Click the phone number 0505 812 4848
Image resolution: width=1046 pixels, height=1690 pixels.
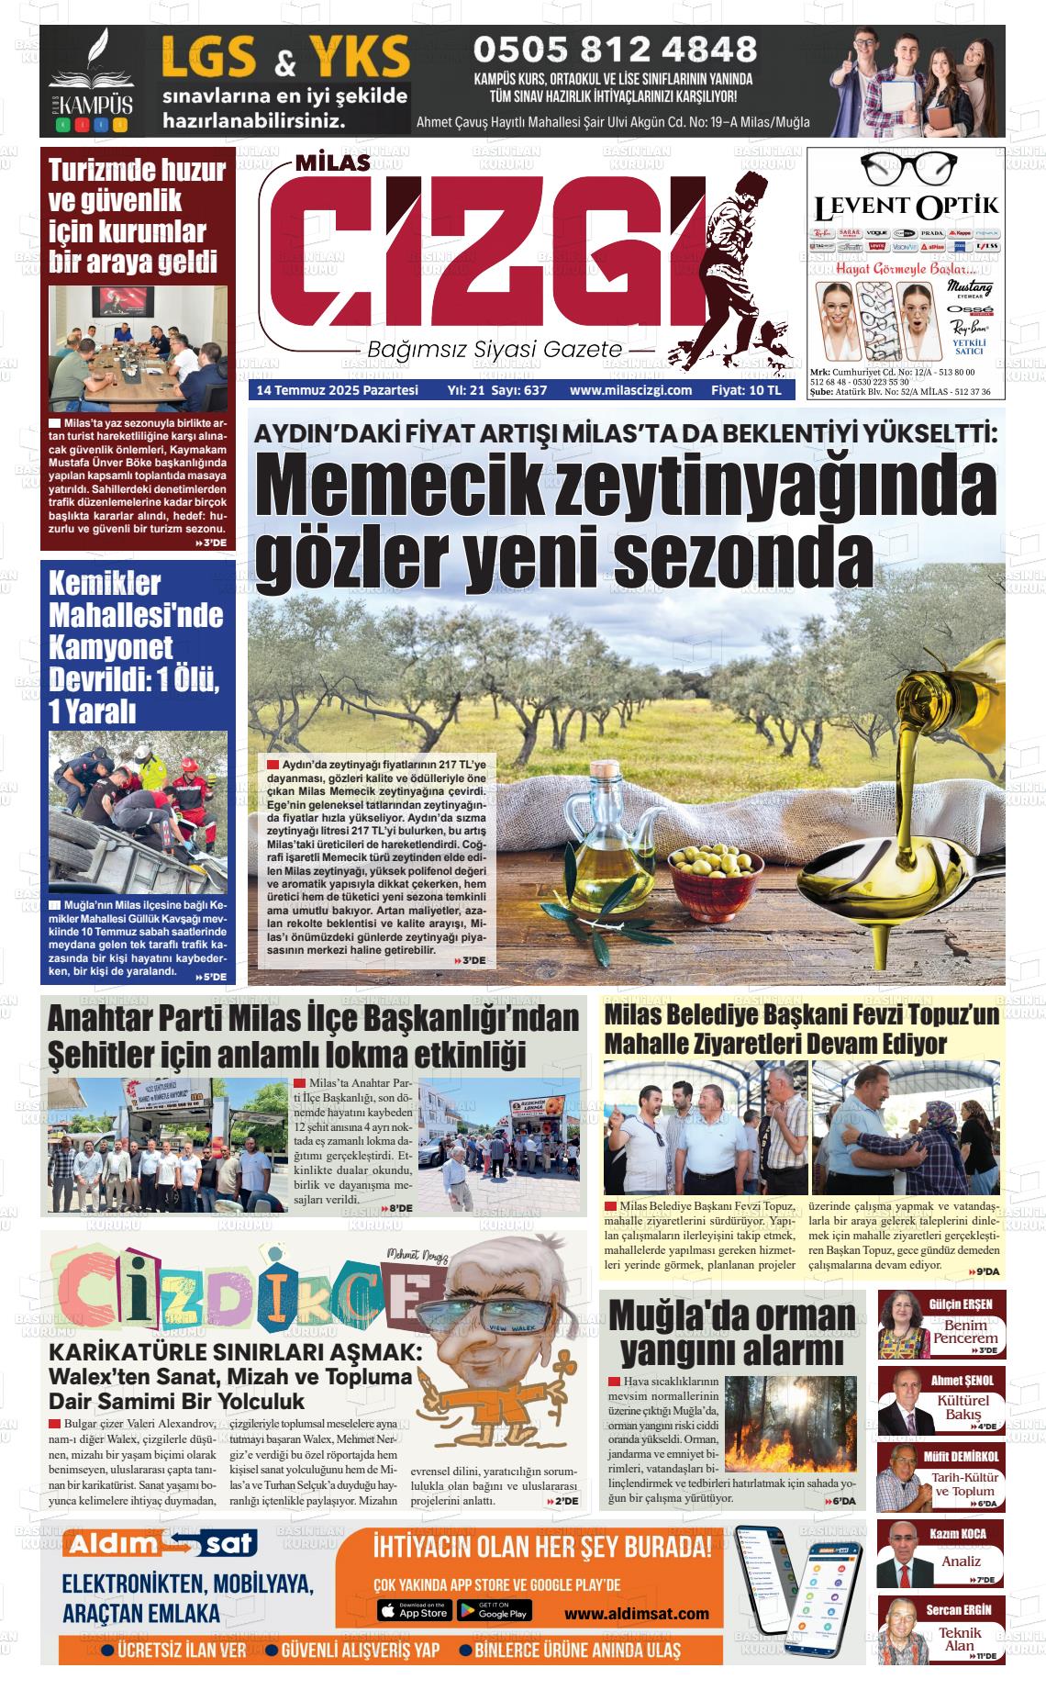click(x=614, y=49)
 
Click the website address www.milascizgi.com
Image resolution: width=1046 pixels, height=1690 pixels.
click(x=630, y=390)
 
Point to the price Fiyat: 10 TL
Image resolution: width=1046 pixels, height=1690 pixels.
click(x=745, y=390)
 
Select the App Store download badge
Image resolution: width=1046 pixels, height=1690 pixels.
click(x=414, y=1610)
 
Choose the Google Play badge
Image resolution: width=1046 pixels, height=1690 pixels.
click(x=493, y=1610)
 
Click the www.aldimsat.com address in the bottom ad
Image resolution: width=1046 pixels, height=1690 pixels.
click(x=636, y=1613)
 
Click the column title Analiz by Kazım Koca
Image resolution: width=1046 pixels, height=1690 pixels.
click(x=961, y=1561)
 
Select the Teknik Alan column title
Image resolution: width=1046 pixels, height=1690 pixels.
click(x=959, y=1638)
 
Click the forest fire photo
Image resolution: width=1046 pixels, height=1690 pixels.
click(x=795, y=1423)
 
